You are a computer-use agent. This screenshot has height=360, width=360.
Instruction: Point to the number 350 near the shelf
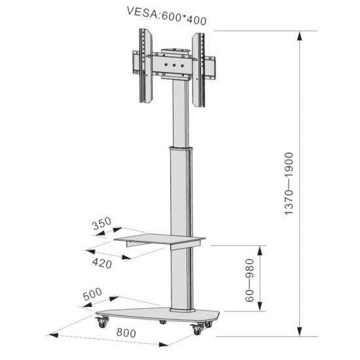[102, 225]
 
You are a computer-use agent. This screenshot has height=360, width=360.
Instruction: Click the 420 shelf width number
[102, 263]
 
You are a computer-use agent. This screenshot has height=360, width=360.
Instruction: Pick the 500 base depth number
[93, 296]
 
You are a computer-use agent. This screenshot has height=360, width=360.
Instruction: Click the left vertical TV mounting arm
[145, 67]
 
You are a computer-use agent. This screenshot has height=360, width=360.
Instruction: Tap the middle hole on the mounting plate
[174, 65]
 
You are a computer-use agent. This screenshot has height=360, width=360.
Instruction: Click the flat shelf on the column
[160, 238]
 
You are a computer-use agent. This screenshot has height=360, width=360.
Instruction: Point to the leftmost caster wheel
[103, 323]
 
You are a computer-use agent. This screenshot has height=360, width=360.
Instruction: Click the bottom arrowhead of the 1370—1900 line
[300, 332]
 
